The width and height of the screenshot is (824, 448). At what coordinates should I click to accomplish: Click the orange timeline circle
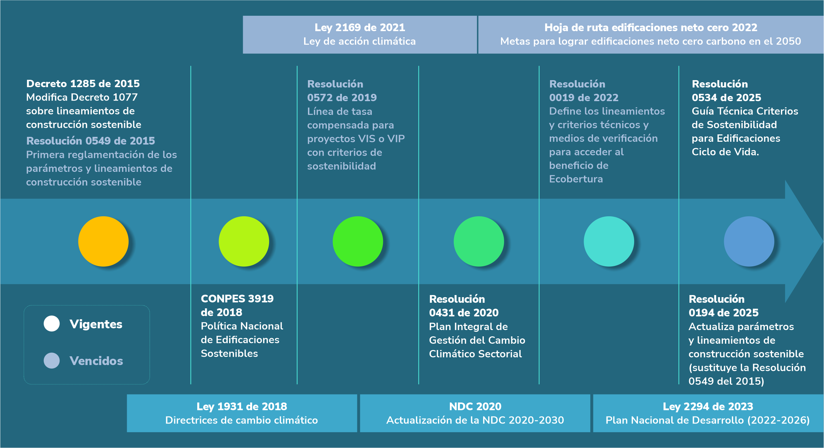[103, 241]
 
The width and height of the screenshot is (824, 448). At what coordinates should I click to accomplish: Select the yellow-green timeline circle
[244, 241]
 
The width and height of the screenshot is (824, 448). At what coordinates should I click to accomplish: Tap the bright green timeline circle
[358, 241]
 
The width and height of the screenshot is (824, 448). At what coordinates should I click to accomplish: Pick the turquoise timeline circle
[609, 241]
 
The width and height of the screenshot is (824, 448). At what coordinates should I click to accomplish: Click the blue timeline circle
[749, 241]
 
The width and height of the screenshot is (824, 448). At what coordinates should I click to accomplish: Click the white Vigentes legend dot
[51, 324]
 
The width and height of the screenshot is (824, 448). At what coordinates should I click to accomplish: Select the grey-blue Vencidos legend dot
[51, 360]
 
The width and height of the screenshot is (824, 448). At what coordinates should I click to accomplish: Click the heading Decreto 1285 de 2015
[83, 84]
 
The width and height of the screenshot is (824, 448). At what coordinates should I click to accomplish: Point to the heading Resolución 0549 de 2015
[90, 141]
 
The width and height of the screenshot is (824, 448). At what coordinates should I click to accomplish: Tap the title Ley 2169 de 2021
[359, 27]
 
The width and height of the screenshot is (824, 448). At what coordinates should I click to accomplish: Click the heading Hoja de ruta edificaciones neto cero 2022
[651, 27]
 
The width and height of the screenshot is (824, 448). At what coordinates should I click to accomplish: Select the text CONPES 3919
[237, 299]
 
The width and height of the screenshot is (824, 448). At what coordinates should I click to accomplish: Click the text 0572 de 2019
[342, 98]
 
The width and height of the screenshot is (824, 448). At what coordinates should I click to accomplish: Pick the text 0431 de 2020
[464, 313]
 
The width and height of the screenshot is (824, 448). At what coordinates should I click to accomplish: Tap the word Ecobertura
[576, 179]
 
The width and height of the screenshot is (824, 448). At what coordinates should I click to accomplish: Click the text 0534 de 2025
[726, 98]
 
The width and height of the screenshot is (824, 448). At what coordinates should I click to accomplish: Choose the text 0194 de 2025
[723, 313]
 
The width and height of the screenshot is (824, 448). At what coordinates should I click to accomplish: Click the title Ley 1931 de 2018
[242, 406]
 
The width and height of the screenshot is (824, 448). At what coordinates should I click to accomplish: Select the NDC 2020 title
[475, 406]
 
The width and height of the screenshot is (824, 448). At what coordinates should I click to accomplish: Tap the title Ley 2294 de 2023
[708, 406]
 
